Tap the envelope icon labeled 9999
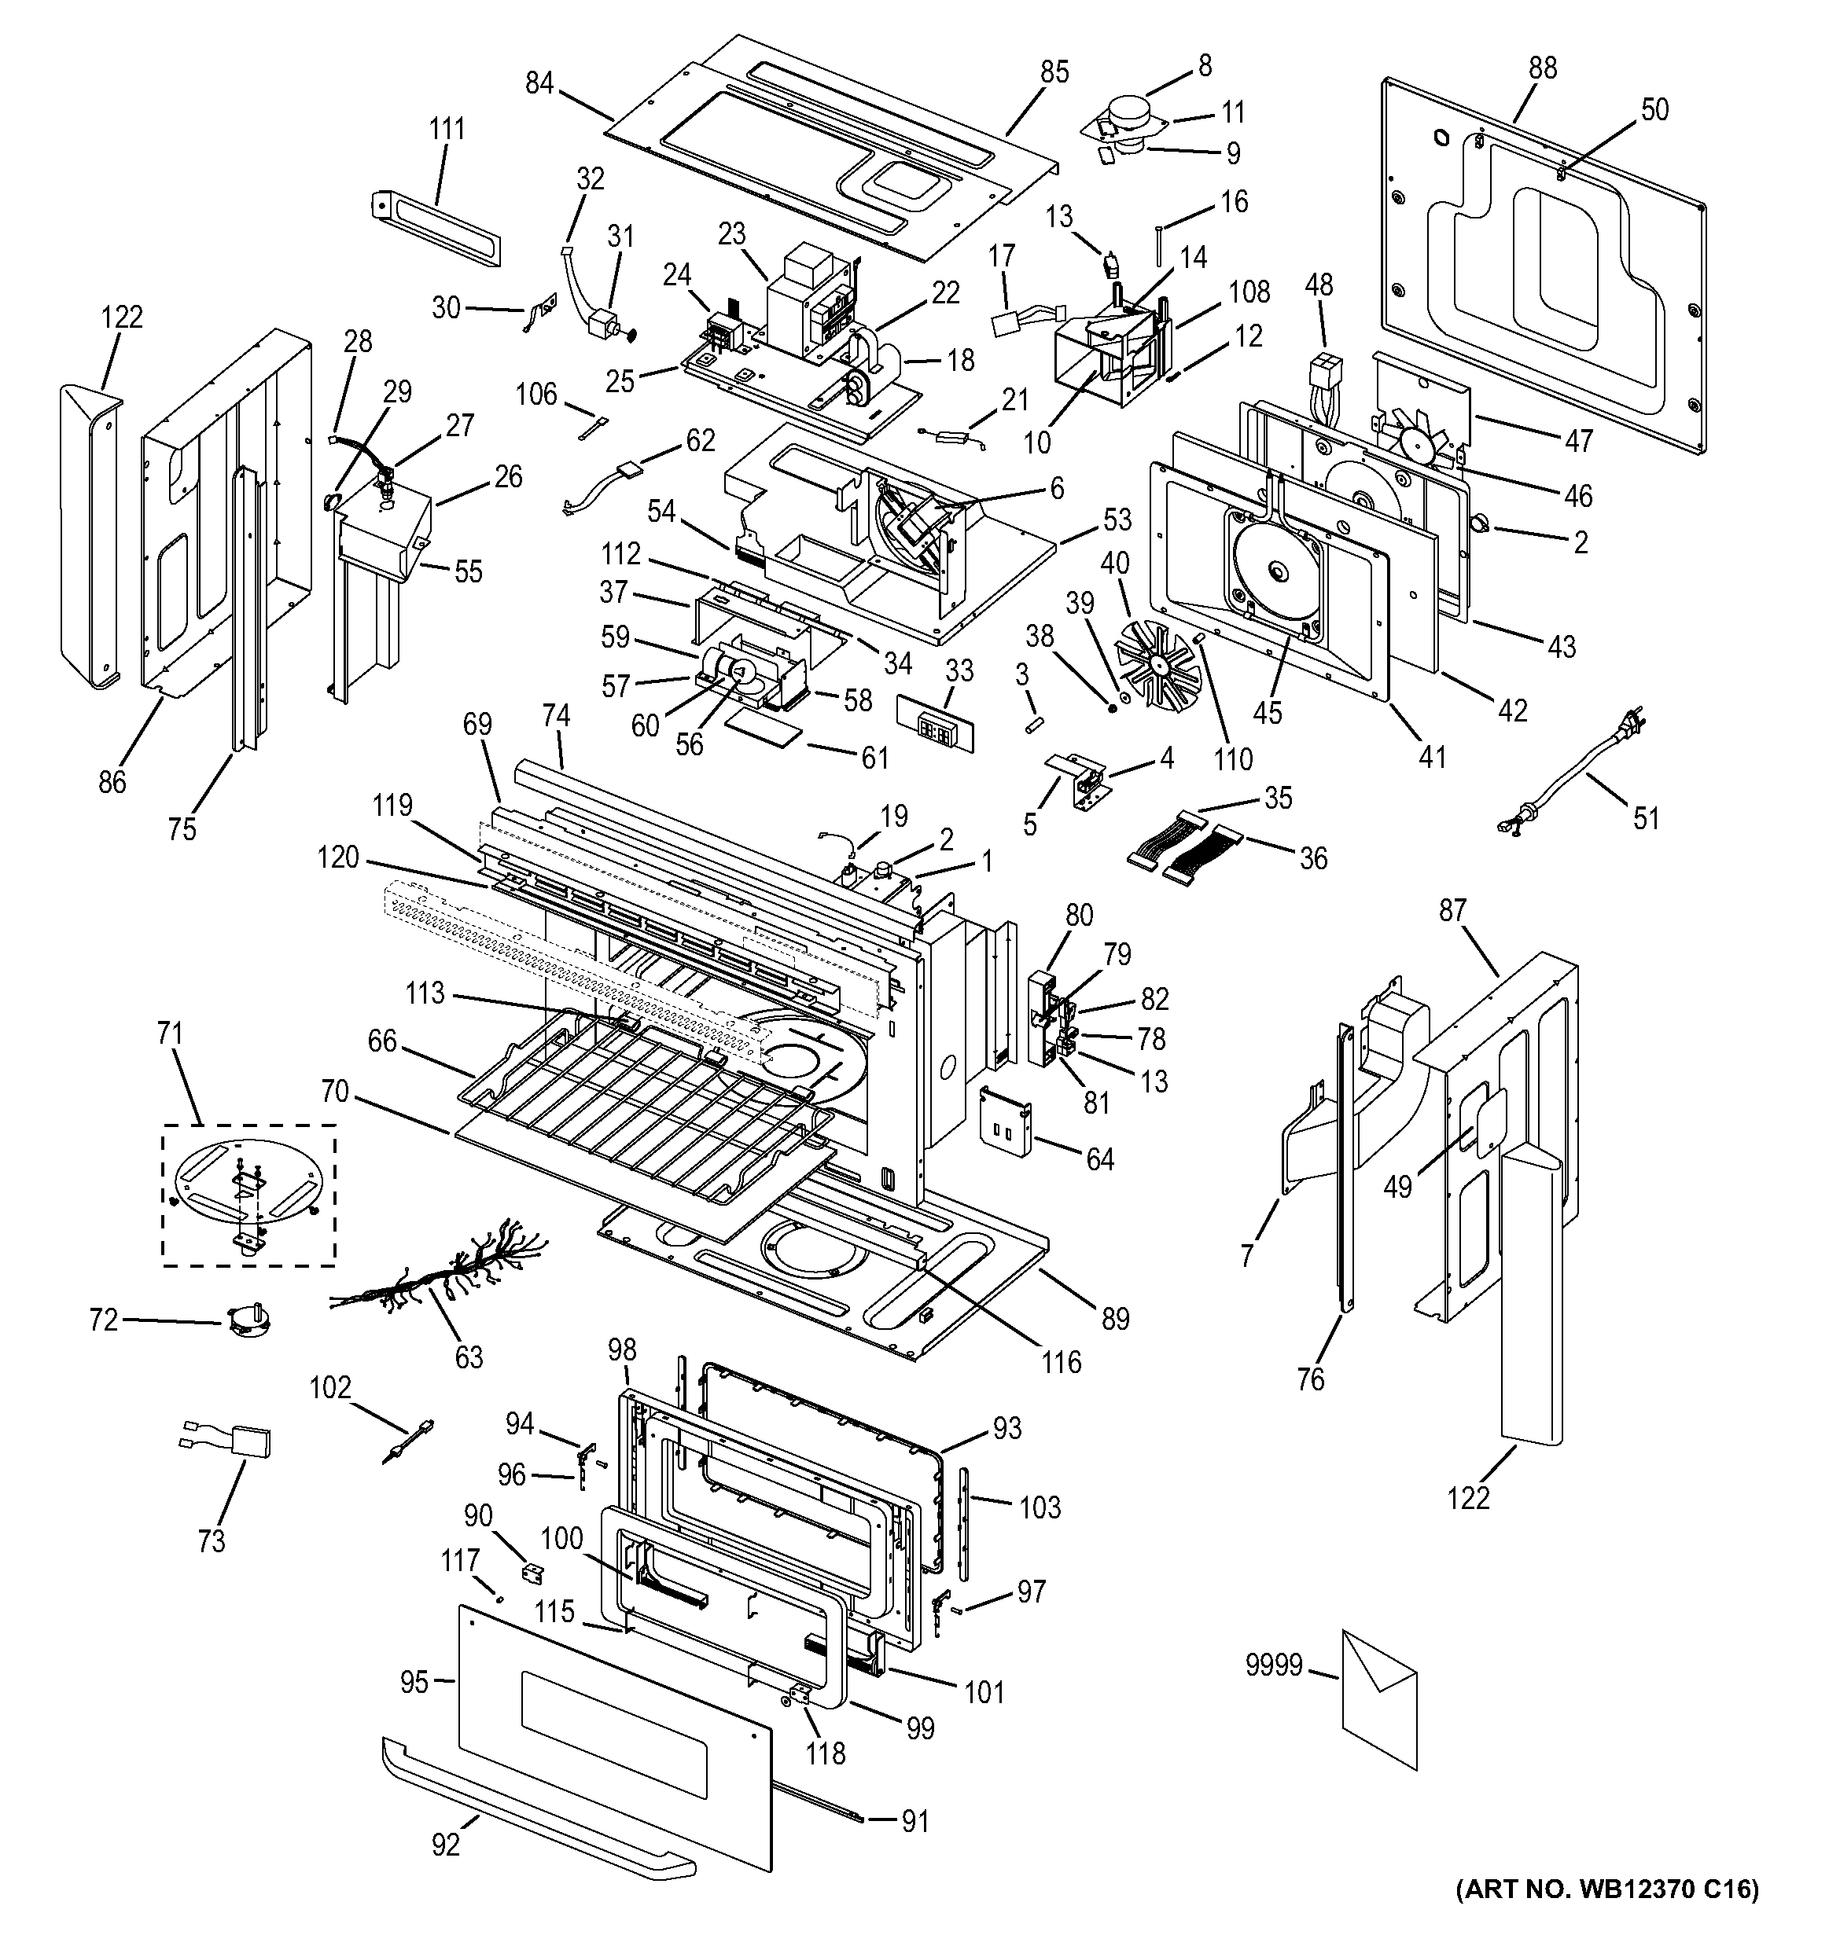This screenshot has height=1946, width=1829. [x=1378, y=1698]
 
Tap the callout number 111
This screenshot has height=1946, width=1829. [x=447, y=128]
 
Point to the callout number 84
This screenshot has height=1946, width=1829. [x=539, y=83]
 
